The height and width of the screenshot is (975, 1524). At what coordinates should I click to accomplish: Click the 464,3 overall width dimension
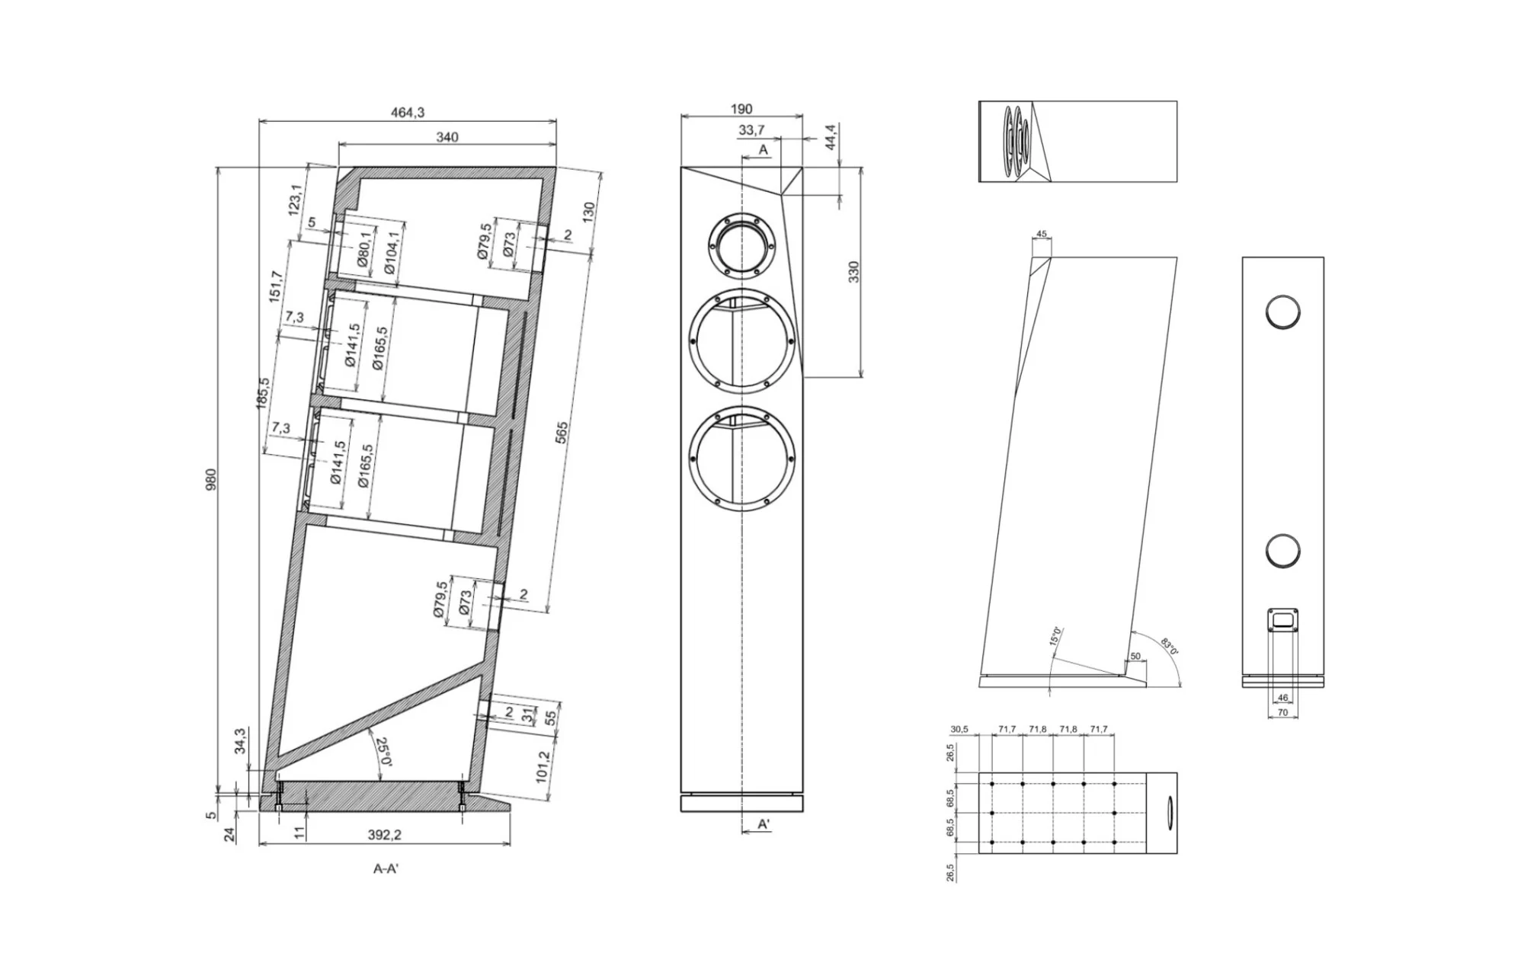[408, 113]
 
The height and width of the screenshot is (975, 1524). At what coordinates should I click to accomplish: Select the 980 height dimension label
[211, 479]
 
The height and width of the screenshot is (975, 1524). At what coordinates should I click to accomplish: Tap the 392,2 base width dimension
[385, 835]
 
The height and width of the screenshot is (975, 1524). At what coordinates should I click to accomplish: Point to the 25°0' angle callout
[383, 751]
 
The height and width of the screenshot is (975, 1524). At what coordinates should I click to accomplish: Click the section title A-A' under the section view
[386, 868]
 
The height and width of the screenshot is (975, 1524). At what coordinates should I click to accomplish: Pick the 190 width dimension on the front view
[741, 110]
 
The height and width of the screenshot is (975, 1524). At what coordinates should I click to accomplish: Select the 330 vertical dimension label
[853, 272]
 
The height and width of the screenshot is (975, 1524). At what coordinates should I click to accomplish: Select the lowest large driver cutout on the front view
[741, 459]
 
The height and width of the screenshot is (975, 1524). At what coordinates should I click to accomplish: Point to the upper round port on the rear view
[1282, 312]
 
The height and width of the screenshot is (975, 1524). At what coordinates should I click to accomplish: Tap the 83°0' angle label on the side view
[1170, 647]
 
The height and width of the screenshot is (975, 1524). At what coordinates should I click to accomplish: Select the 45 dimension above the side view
[1042, 235]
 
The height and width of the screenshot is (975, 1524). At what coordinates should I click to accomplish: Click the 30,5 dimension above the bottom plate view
[959, 730]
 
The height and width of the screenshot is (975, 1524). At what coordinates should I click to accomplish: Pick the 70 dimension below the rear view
[1282, 712]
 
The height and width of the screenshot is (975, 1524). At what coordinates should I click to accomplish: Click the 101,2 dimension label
[543, 766]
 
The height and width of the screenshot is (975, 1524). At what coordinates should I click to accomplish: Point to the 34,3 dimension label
[240, 741]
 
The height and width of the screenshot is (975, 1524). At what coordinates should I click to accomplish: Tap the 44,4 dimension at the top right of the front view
[831, 137]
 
